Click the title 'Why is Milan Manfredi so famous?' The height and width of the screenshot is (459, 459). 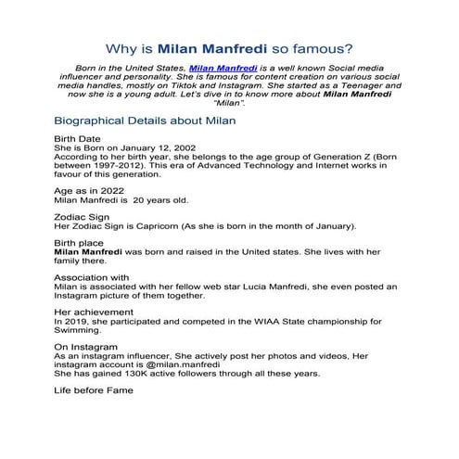pos(229,47)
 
